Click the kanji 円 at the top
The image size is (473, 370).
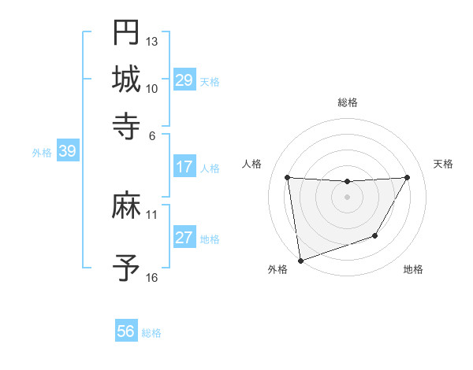click(x=126, y=32)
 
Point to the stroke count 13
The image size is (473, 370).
click(x=152, y=40)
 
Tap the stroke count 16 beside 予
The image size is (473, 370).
click(x=152, y=278)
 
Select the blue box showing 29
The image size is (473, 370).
click(x=184, y=80)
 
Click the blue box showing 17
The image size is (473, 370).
click(x=184, y=167)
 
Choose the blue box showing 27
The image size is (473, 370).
click(x=184, y=239)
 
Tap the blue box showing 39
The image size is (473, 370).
click(x=67, y=152)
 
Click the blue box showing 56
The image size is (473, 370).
click(x=126, y=331)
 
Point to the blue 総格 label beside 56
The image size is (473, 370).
click(x=151, y=333)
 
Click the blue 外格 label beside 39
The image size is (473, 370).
click(x=42, y=153)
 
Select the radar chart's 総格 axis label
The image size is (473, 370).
click(x=347, y=102)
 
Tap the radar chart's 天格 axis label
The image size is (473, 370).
click(x=444, y=164)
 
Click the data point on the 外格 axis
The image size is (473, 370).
click(x=300, y=260)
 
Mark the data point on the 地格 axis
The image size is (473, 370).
click(x=375, y=235)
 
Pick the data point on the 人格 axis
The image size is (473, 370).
click(x=288, y=178)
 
